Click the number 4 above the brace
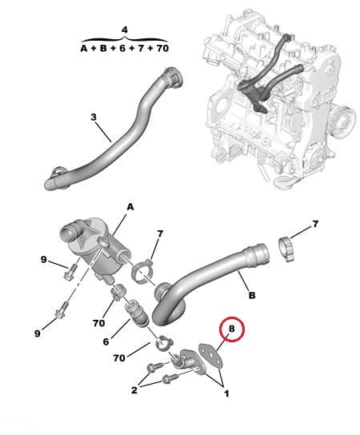tap(124, 30)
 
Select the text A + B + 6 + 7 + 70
tap(124, 48)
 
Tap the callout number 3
tap(93, 118)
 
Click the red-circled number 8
tap(231, 328)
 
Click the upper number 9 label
tap(43, 260)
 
